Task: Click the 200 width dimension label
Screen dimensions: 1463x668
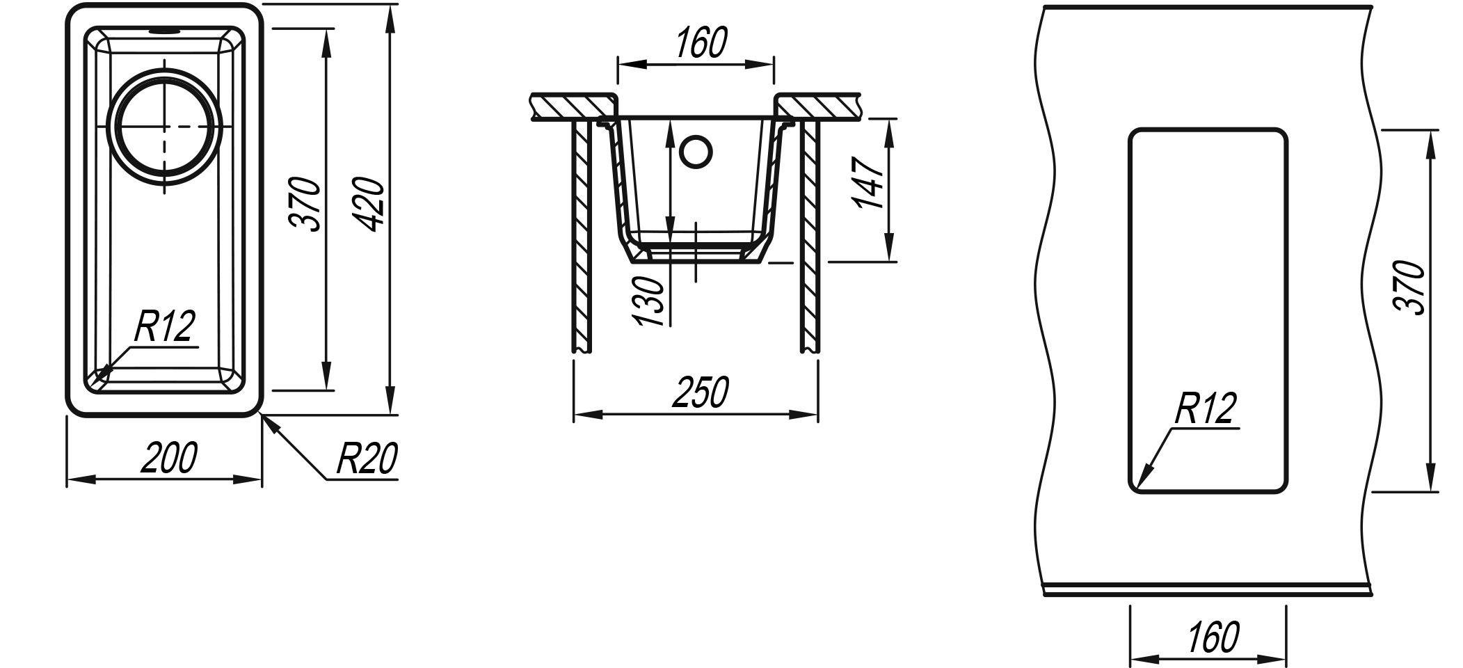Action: pyautogui.click(x=169, y=458)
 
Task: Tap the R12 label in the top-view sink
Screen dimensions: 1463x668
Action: pyautogui.click(x=164, y=327)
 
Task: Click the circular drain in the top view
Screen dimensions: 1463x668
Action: pyautogui.click(x=165, y=126)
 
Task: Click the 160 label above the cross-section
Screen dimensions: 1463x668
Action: pyautogui.click(x=701, y=42)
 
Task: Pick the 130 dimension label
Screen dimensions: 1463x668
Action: pyautogui.click(x=648, y=301)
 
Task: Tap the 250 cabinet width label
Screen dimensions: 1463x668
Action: pyautogui.click(x=701, y=392)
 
